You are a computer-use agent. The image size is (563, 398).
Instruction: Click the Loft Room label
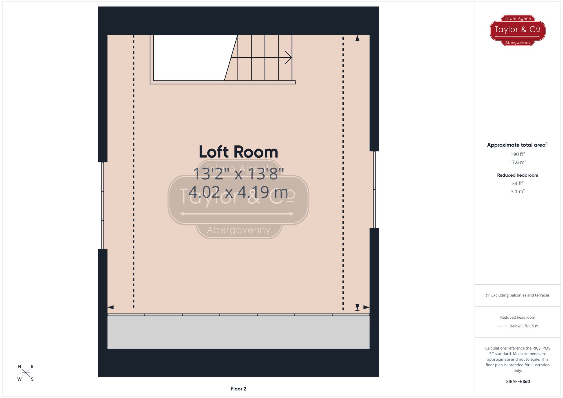(238, 152)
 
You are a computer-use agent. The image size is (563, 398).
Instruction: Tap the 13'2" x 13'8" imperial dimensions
(238, 174)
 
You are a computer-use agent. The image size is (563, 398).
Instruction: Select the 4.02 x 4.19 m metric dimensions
(238, 192)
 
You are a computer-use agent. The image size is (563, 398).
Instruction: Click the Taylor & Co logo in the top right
(517, 30)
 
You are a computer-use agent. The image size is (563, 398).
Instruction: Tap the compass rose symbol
(26, 373)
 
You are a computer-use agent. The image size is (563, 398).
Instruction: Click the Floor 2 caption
(238, 389)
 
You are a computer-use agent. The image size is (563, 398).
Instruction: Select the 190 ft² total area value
(517, 154)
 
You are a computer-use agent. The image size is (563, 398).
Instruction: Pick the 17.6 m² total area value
(517, 162)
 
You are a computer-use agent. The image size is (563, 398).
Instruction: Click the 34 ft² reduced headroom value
(517, 183)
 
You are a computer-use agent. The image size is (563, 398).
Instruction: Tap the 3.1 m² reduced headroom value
(517, 191)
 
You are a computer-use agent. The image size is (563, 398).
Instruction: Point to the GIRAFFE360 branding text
(517, 382)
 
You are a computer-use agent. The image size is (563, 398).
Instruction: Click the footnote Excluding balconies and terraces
(517, 295)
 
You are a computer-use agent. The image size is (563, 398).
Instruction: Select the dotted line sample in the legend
(502, 326)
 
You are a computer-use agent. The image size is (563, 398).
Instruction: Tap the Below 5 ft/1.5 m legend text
(524, 326)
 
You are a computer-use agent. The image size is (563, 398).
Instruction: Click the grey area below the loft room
(238, 332)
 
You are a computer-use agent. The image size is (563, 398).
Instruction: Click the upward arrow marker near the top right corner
(357, 38)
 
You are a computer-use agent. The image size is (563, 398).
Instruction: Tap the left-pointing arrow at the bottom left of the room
(111, 307)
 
